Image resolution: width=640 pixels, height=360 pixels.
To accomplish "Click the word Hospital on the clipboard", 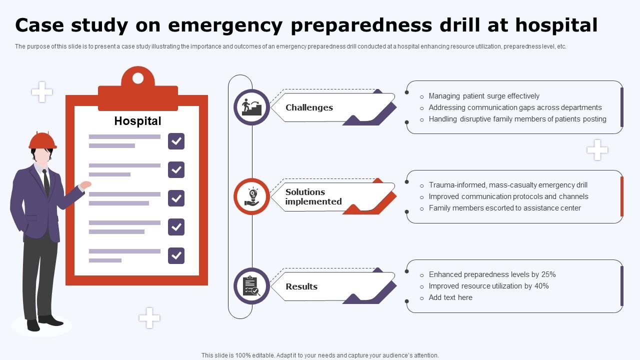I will [137, 121].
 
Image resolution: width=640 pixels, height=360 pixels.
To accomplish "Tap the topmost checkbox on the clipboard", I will [176, 141].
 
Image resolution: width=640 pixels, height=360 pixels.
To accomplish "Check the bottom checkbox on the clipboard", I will [176, 255].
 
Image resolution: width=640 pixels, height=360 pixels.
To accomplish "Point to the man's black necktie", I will [46, 182].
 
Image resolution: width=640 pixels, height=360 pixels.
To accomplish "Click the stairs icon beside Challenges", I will [251, 107].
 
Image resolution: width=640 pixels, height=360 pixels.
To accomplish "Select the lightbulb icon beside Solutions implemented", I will [251, 196].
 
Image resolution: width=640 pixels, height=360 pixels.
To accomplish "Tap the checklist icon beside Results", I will [251, 286].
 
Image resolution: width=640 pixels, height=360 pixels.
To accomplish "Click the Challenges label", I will [309, 107].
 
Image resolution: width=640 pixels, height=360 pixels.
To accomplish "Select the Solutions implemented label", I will [313, 197].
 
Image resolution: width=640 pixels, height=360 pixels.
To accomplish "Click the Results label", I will [301, 286].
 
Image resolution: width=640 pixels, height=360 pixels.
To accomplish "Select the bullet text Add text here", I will [450, 297].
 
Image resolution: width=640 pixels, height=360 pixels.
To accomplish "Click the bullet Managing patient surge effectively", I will [484, 96].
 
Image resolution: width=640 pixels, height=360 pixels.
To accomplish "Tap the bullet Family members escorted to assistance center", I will [504, 208].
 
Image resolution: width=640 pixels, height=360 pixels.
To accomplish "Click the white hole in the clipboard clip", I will [137, 78].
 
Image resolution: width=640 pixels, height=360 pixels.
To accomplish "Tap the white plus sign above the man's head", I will [42, 92].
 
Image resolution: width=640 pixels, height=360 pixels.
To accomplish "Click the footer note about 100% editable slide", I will [320, 355].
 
